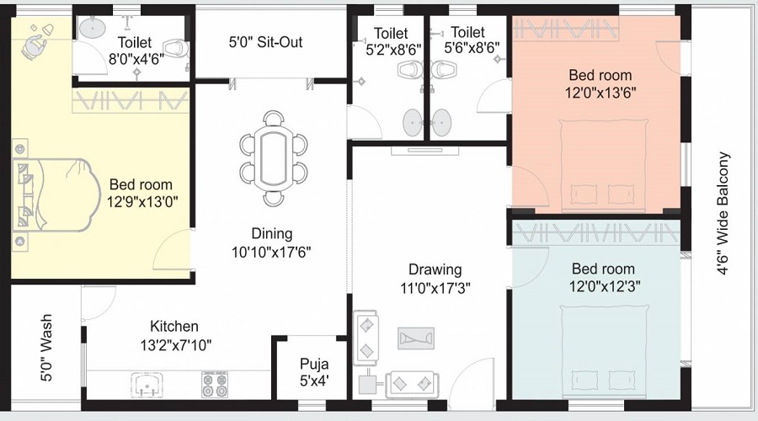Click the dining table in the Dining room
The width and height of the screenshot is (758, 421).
tap(274, 158)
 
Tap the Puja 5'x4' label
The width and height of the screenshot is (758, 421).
tap(314, 371)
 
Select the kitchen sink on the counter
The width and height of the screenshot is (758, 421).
tap(147, 384)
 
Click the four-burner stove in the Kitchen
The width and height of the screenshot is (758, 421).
tap(215, 385)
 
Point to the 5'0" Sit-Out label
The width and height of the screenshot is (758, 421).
tap(265, 42)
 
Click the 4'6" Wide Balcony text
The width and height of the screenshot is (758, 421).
tap(723, 214)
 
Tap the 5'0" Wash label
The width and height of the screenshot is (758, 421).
tap(46, 348)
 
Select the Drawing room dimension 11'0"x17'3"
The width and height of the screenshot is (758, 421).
tap(435, 288)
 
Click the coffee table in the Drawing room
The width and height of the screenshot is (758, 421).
tap(416, 338)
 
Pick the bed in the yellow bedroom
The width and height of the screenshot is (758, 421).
tap(53, 195)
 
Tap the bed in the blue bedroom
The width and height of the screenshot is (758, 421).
tap(604, 351)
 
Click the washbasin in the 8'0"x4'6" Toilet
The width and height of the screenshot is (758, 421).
tap(92, 28)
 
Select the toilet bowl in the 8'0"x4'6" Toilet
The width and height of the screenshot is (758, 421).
tap(175, 48)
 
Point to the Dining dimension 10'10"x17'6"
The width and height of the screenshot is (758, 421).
tap(271, 252)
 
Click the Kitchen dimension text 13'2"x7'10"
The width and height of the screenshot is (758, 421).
tap(176, 345)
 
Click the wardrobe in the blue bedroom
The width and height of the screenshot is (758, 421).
tap(596, 232)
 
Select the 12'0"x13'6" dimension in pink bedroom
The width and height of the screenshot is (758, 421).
tap(601, 93)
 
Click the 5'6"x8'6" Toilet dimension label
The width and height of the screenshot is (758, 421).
tap(472, 49)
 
